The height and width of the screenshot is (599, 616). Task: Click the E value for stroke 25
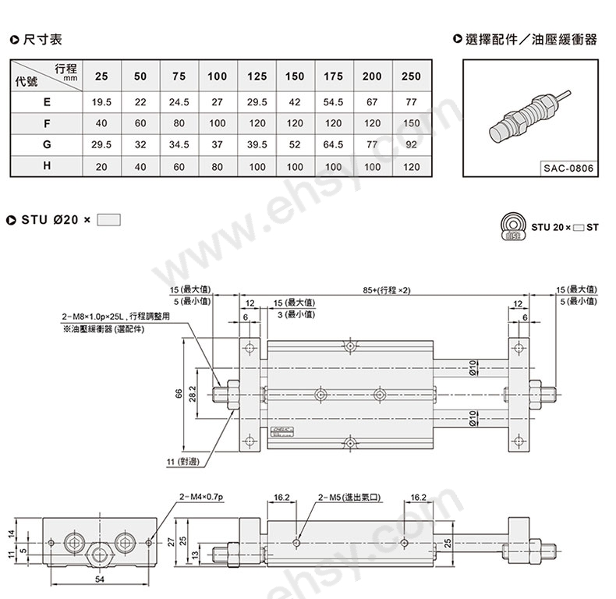101,102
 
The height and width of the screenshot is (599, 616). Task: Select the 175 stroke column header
333,76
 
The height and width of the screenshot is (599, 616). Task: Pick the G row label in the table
47,144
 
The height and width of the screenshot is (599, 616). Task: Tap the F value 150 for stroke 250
411,123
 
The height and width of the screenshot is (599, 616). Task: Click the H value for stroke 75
179,167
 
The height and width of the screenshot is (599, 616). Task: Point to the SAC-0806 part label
568,168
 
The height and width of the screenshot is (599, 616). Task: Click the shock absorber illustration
529,115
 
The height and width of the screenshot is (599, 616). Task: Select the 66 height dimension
179,394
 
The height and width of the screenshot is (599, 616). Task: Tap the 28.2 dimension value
193,393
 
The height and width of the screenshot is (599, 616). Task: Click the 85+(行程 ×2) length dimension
387,290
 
